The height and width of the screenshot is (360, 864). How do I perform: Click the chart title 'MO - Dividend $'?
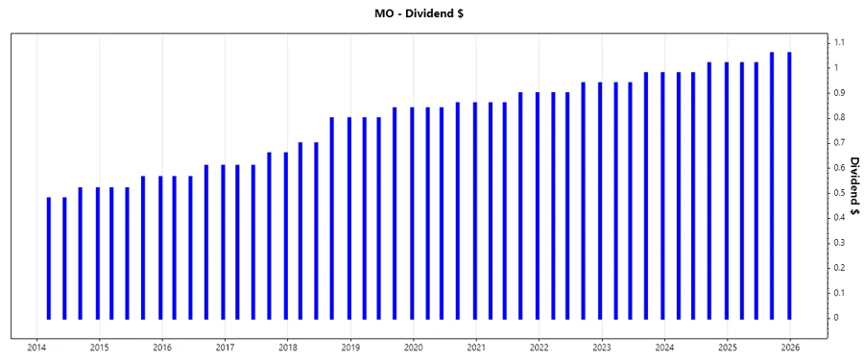[431, 12]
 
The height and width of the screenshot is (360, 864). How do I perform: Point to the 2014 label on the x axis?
[36, 348]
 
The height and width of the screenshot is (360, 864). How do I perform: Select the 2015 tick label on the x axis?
[100, 348]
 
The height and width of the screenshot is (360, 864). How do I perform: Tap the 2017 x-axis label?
[225, 348]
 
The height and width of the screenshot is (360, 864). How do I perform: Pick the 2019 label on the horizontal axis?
[350, 348]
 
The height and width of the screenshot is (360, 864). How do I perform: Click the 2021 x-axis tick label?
[476, 348]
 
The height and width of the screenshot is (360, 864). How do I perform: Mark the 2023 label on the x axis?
[602, 348]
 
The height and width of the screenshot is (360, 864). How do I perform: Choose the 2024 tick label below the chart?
[664, 348]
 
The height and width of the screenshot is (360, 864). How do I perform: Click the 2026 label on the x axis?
[790, 348]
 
